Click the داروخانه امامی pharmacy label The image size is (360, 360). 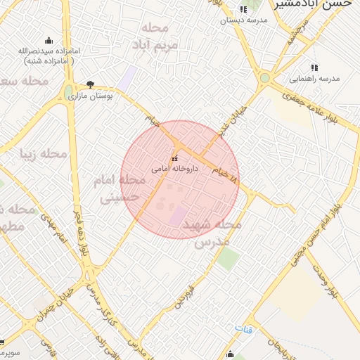[175, 169]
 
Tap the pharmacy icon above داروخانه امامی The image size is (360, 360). [175, 158]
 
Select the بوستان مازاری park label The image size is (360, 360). [90, 95]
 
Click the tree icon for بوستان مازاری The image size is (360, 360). [90, 84]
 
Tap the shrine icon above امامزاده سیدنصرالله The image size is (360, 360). [49, 40]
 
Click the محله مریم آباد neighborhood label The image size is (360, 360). [155, 36]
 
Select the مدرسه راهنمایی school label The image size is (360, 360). [314, 78]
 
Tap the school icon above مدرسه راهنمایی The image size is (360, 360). [314, 67]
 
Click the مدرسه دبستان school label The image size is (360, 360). [244, 20]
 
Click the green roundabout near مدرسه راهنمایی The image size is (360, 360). [265, 78]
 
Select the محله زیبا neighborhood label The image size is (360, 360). [44, 153]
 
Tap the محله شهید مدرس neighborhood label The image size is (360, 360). [212, 233]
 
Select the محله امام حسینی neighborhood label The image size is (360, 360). [121, 189]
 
